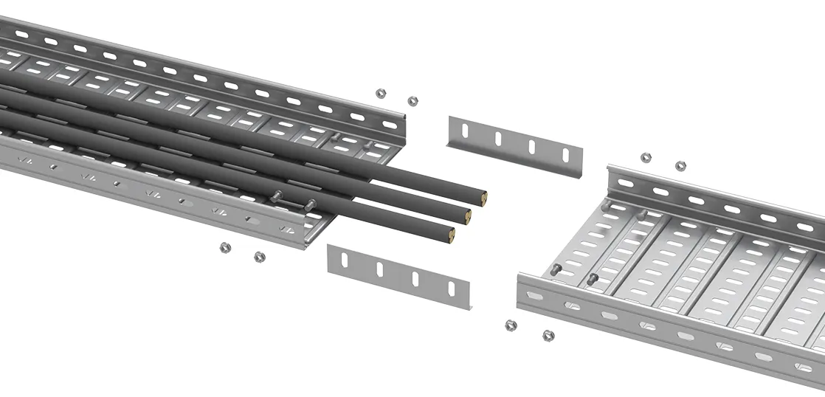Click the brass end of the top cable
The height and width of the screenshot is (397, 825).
[x=483, y=197]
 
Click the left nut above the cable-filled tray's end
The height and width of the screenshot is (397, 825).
[x=381, y=94]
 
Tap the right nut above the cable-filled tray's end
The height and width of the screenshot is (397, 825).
[x=412, y=100]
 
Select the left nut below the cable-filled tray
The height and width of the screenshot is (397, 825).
[x=225, y=247]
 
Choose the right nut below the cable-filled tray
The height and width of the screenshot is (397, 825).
[x=259, y=257]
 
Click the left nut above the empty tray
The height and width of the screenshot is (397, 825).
[x=646, y=157]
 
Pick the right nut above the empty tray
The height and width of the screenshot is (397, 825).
[x=681, y=166]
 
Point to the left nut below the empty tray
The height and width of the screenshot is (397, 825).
[x=510, y=325]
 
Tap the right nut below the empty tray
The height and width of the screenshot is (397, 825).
[x=548, y=336]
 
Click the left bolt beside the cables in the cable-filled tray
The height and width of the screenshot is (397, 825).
[x=277, y=196]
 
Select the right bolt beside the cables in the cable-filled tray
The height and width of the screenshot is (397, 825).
[x=310, y=204]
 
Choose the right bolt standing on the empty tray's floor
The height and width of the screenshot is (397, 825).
[x=593, y=278]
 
